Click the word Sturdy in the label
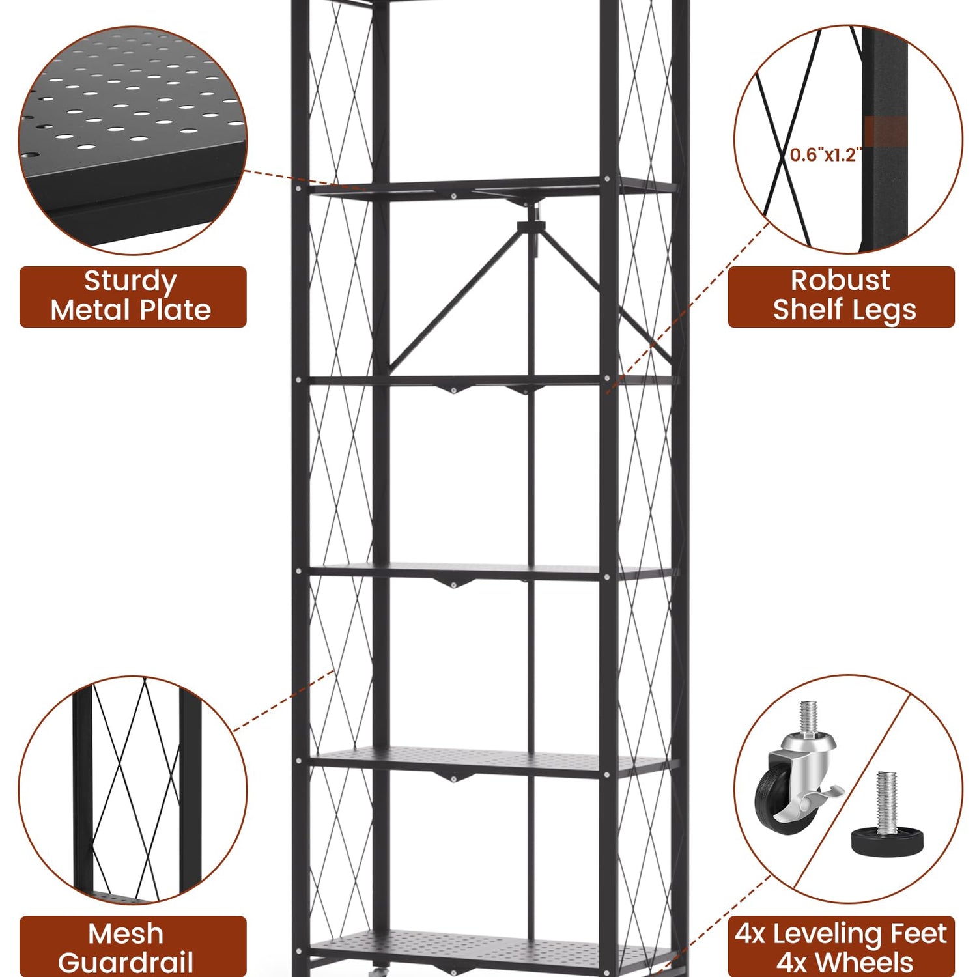point(130,281)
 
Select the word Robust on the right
point(840,280)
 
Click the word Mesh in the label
point(126,933)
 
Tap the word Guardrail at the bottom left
point(126,963)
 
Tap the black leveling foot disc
point(887,842)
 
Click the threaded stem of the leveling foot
point(887,802)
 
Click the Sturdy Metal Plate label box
point(133,296)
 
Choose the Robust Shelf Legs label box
point(841,296)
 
